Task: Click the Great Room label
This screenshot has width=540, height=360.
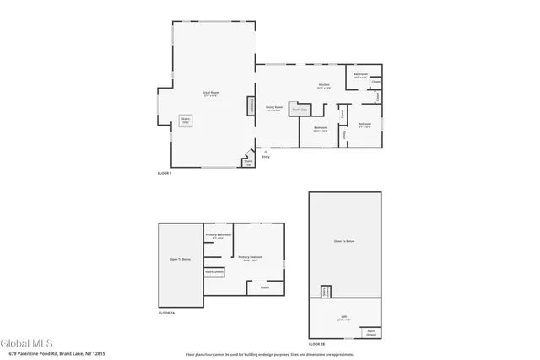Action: click(209, 93)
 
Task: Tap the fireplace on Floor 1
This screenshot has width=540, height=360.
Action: click(250, 106)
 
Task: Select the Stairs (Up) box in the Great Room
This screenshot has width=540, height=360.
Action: click(186, 121)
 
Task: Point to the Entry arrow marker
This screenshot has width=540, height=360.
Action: click(266, 153)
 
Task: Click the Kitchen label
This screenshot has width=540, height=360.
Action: click(323, 85)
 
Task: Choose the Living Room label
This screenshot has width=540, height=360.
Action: click(274, 108)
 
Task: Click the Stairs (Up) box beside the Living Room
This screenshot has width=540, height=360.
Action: click(298, 110)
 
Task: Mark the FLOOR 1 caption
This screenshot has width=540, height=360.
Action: click(165, 173)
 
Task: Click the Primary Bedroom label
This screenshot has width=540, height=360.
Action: click(250, 258)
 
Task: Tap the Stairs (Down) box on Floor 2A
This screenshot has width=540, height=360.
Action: click(213, 272)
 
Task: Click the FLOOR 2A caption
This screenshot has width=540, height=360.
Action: click(166, 313)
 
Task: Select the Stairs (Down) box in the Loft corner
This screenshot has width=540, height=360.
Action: click(370, 332)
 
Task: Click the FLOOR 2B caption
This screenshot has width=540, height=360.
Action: click(316, 345)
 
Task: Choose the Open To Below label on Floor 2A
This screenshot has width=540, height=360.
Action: click(180, 259)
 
